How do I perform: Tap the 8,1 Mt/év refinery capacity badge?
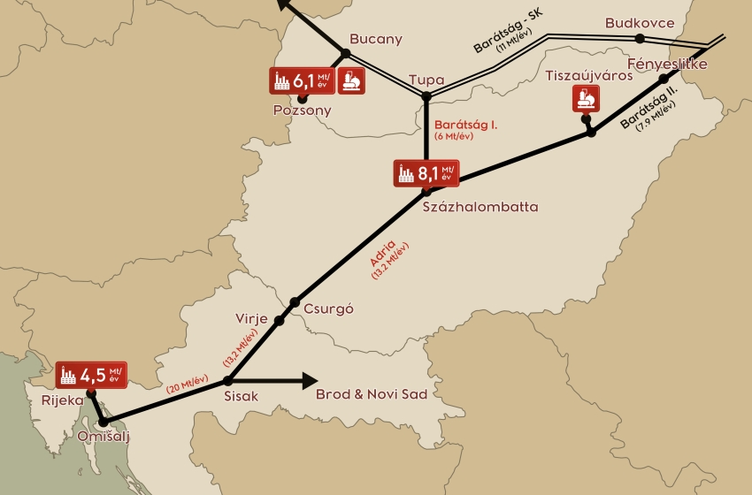coord(426,173)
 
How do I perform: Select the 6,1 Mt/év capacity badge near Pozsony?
coord(302,80)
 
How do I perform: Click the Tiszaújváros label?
coord(589,75)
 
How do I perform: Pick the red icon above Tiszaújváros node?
coord(583,99)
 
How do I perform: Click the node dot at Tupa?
coord(426,95)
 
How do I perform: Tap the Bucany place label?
coord(375,39)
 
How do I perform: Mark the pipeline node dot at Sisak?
coord(228,381)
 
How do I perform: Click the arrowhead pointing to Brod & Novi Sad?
coord(309,381)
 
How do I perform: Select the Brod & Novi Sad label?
coord(372,395)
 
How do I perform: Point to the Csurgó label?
coord(328,309)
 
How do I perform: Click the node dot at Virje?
coord(280,320)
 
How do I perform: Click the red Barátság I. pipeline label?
coord(466,125)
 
